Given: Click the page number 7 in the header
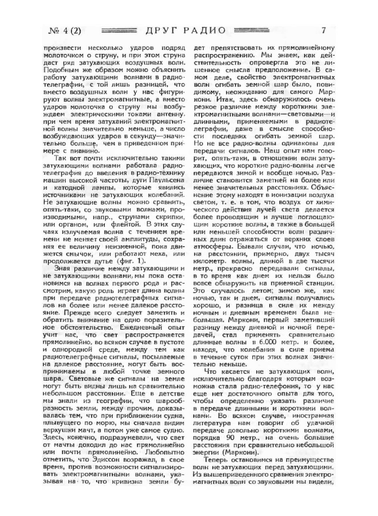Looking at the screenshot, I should pos(324,31).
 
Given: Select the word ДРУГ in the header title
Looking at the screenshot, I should pos(161,31).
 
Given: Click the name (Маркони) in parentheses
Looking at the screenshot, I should pos(240,453).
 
